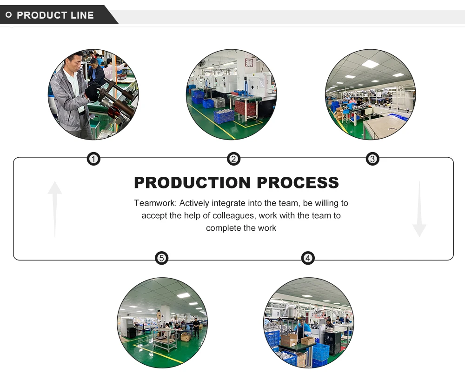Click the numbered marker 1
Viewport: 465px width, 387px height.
[x=94, y=160]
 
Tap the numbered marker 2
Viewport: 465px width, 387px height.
[x=233, y=160]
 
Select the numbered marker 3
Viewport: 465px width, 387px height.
[x=372, y=160]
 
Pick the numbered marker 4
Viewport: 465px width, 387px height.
[x=308, y=258]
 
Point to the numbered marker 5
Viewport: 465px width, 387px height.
[x=161, y=258]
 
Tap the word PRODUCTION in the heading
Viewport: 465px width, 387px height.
[x=192, y=182]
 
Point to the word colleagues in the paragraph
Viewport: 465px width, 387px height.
[x=235, y=216]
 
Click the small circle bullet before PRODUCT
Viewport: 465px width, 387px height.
[x=8, y=15]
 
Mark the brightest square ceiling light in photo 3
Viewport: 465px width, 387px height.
[x=371, y=64]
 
